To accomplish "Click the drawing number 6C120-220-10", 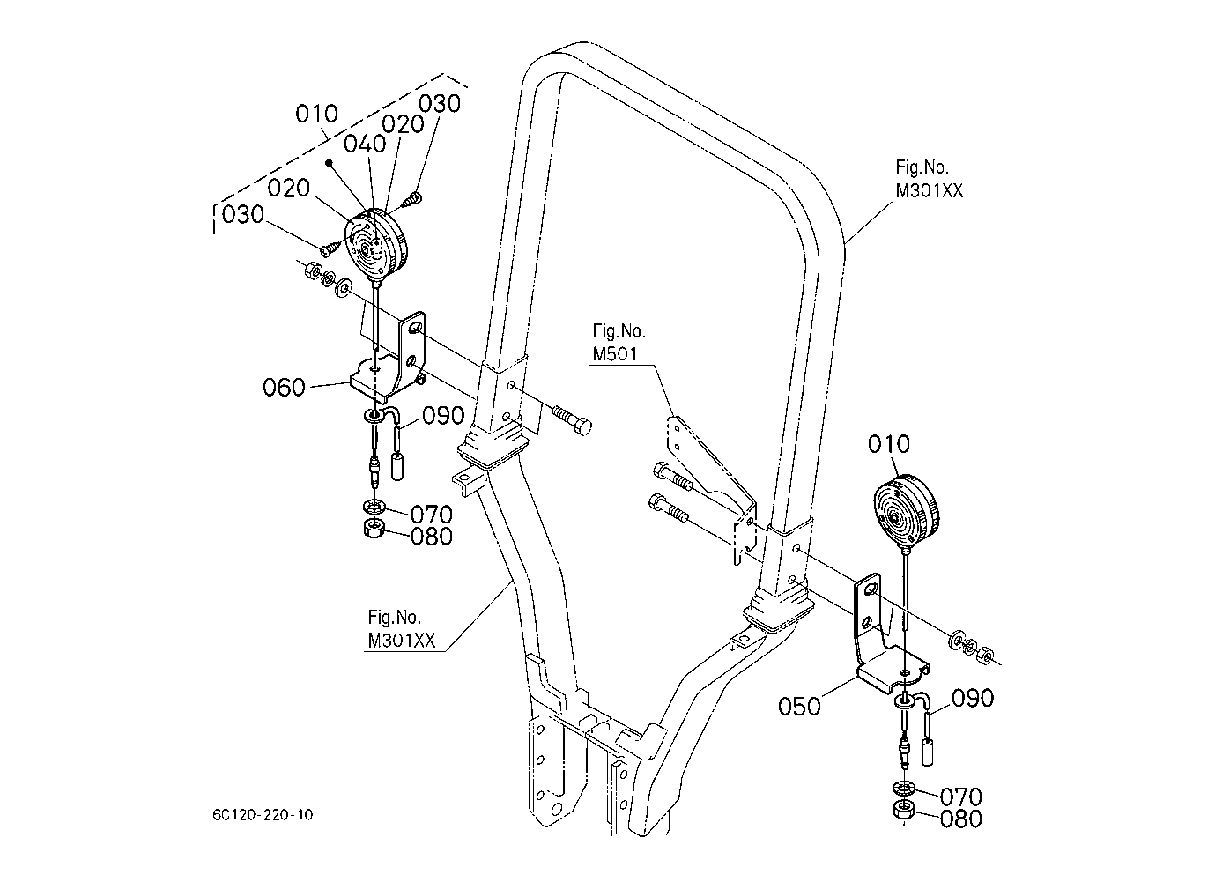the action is coord(263,815).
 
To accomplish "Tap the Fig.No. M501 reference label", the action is coord(619,342).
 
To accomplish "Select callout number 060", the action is coord(284,388).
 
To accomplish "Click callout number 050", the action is coord(799,707).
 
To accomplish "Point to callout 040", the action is coord(365,144).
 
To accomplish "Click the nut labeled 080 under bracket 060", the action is coord(374,528).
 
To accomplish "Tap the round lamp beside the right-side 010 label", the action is coord(906,511).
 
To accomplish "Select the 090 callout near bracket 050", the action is coord(973,698).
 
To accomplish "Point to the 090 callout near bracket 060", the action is coord(443,416).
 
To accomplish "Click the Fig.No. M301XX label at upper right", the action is coord(930,179).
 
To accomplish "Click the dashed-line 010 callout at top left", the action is coord(316,114).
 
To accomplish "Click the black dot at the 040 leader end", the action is coord(328,161).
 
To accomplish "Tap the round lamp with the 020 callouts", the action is coord(375,245).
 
